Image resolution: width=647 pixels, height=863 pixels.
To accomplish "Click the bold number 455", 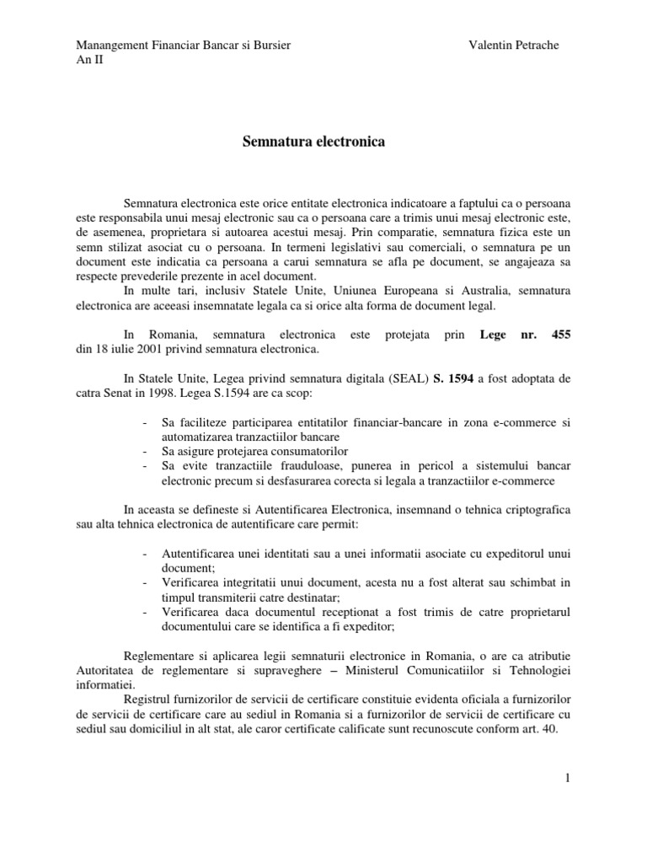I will click(560, 335).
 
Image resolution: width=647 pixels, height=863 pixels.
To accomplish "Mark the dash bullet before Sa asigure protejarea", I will click(147, 451).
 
